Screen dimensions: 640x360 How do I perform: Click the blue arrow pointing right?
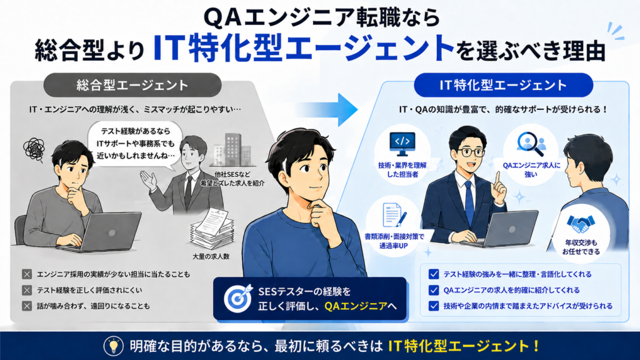pos(335,110)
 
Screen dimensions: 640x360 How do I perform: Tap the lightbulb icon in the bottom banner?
pos(114,346)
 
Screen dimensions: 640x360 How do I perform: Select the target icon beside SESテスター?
pos(238,298)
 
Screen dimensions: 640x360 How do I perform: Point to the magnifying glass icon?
pos(531,144)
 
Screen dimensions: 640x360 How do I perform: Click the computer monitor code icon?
pos(402,144)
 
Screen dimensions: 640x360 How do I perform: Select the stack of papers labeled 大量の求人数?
pos(212,229)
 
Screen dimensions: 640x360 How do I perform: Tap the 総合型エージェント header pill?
pos(132,85)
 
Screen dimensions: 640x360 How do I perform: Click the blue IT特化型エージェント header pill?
pos(503,85)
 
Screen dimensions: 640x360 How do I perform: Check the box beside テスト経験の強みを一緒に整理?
pos(434,274)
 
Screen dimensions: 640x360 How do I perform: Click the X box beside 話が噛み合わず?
pos(27,306)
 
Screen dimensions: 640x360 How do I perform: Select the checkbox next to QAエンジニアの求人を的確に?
pos(434,290)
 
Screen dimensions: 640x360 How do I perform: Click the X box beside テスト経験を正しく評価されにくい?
pos(27,290)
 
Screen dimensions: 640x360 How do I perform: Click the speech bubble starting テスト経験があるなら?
pos(135,145)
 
